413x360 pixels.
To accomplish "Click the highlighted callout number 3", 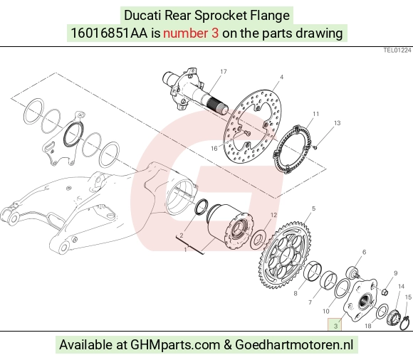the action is point(335,326).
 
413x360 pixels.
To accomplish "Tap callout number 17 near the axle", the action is point(224,72).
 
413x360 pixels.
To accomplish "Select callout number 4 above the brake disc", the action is point(281,77).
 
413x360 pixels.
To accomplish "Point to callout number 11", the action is point(316,114).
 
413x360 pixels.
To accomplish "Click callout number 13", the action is point(337,123).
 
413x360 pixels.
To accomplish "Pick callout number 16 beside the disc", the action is point(214,149).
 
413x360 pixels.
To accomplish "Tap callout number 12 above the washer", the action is point(273,215).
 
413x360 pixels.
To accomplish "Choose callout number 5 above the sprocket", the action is point(313,208).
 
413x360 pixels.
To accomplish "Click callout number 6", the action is point(365,252).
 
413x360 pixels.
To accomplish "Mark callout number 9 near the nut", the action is point(395,273).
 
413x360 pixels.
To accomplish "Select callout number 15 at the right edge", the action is point(408,297).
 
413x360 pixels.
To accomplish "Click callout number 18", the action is point(368,326).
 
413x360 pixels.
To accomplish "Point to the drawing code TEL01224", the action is point(397,51).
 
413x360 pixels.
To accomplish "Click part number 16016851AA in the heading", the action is point(110,33).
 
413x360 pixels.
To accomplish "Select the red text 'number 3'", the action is point(191,33).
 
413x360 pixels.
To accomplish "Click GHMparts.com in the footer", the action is point(175,344).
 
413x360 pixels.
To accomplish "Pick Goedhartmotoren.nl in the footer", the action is point(294,344).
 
